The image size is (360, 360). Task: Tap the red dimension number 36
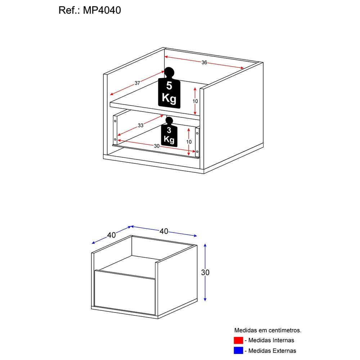[x=204, y=63]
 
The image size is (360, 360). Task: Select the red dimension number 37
[x=137, y=83]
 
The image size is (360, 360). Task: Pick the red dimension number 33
[x=140, y=126]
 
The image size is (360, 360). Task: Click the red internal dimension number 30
[x=156, y=146]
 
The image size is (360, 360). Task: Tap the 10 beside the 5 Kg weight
[x=195, y=101]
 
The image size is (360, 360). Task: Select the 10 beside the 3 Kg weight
[x=189, y=142]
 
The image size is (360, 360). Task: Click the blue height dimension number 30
[x=205, y=273]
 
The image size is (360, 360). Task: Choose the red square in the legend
[x=238, y=340]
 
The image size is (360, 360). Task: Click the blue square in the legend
[x=238, y=350]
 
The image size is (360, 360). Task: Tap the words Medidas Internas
[x=271, y=340]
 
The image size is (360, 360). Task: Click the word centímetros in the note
[x=282, y=330]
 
